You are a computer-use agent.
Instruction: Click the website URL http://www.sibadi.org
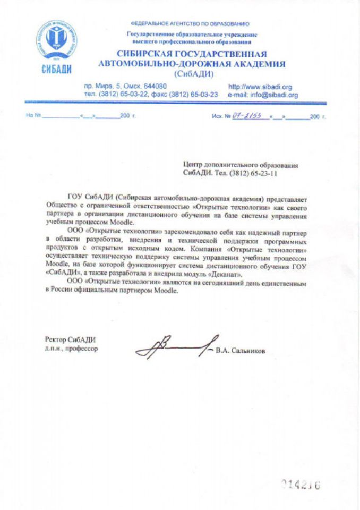[260, 87]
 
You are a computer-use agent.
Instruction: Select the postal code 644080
[156, 87]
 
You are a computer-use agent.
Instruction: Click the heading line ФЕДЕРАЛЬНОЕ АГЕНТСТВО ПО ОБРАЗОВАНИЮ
[190, 24]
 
